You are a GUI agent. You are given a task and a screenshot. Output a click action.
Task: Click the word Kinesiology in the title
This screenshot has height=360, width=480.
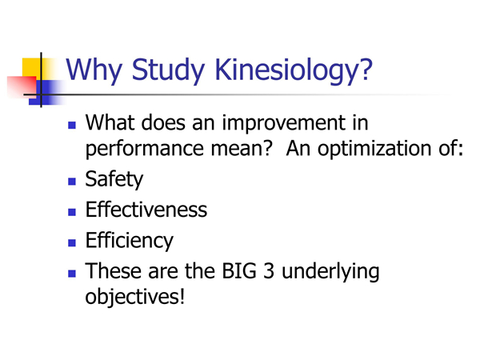(294, 71)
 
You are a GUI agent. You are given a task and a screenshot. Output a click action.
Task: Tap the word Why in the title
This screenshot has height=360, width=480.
(94, 71)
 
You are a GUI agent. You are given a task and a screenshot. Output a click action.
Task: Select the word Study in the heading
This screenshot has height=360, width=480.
(168, 71)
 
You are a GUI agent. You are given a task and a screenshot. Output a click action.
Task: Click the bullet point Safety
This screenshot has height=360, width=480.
(114, 179)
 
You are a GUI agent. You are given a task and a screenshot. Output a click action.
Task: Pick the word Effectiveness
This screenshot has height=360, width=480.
(146, 210)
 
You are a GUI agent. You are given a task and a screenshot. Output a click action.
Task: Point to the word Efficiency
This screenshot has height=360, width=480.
(130, 241)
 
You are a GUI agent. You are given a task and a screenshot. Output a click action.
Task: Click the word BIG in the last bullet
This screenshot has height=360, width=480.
(239, 271)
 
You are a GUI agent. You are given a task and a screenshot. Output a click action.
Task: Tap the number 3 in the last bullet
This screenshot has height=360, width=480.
(269, 271)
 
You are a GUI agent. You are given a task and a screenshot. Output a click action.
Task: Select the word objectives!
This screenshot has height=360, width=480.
(135, 297)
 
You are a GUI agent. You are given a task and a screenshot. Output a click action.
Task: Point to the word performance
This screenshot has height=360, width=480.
(145, 150)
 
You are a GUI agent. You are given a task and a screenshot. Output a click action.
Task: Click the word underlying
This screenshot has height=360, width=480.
(330, 272)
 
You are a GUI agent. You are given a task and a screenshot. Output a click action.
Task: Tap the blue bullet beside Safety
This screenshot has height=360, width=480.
(72, 182)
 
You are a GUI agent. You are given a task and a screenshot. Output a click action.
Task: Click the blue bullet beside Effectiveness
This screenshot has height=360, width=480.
(72, 212)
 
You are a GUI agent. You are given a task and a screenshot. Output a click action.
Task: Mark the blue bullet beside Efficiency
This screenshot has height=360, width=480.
(72, 242)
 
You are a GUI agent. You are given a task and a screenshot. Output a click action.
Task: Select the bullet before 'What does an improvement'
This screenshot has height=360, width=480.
(72, 125)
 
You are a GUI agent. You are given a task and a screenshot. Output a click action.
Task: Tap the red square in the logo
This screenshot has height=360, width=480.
(22, 87)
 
